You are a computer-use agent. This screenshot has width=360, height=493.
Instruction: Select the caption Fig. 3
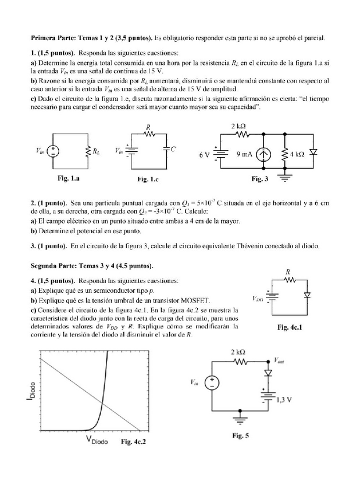click(259, 179)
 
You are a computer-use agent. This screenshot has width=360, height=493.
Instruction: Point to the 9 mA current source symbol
click(262, 155)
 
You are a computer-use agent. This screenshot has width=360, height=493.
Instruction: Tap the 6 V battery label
click(204, 155)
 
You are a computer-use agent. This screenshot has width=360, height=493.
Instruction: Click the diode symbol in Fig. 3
click(314, 154)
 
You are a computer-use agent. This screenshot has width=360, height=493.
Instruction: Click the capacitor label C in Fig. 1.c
click(173, 149)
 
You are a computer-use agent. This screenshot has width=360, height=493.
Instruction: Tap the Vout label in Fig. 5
click(280, 360)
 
